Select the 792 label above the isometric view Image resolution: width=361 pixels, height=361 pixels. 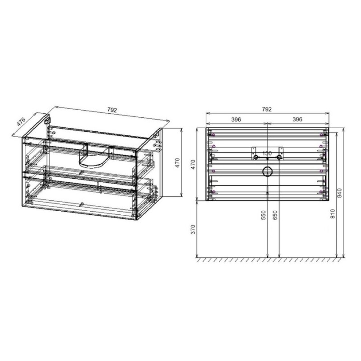coord(112,110)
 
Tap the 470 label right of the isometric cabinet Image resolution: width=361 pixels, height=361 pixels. coord(177,162)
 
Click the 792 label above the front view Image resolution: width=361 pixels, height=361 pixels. coord(267,109)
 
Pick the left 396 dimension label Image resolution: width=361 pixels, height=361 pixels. coord(236,119)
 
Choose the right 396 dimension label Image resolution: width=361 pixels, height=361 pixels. coord(297,119)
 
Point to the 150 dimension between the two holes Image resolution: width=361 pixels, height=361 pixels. coord(267,153)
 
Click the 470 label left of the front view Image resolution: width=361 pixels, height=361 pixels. coord(193,164)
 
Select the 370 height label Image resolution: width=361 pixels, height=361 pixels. coord(193,229)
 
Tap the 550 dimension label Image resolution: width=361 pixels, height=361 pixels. coord(264,215)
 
